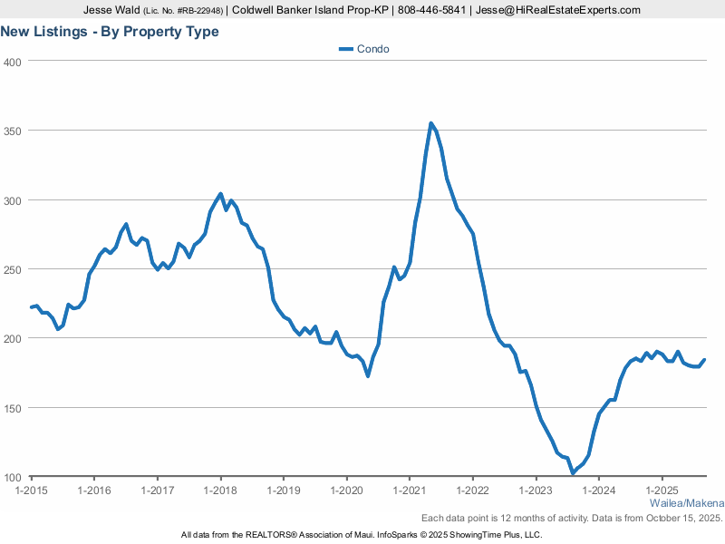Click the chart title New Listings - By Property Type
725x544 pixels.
pyautogui.click(x=110, y=32)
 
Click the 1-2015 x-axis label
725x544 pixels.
pyautogui.click(x=32, y=491)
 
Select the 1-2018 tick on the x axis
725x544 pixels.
pyautogui.click(x=220, y=491)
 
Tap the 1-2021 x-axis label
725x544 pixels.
pyautogui.click(x=410, y=491)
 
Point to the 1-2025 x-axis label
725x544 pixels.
pyautogui.click(x=662, y=491)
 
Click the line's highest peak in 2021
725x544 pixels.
pyautogui.click(x=430, y=123)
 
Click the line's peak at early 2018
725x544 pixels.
pyautogui.click(x=220, y=194)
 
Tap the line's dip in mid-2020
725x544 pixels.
pyautogui.click(x=367, y=375)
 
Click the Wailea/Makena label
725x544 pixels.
pyautogui.click(x=687, y=503)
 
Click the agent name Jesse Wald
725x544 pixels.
pyautogui.click(x=111, y=10)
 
